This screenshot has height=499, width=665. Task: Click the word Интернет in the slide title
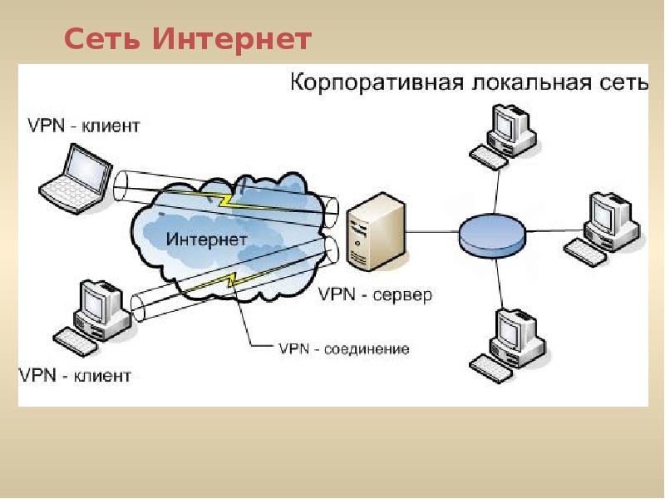tap(232, 39)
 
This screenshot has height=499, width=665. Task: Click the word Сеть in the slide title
tap(101, 39)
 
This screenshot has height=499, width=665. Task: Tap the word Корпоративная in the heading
tap(377, 82)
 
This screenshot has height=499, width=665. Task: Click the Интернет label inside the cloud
tap(206, 240)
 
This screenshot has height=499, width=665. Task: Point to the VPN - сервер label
tap(375, 294)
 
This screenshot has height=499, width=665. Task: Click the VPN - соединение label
tap(344, 348)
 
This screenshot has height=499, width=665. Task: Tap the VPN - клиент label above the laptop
tap(84, 126)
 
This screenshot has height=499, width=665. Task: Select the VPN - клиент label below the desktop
tap(75, 376)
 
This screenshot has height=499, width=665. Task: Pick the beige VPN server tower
tap(377, 232)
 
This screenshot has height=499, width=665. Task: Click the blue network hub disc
tap(492, 236)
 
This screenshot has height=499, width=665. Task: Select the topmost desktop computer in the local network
tap(505, 136)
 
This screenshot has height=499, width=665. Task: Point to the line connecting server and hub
tap(432, 232)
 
